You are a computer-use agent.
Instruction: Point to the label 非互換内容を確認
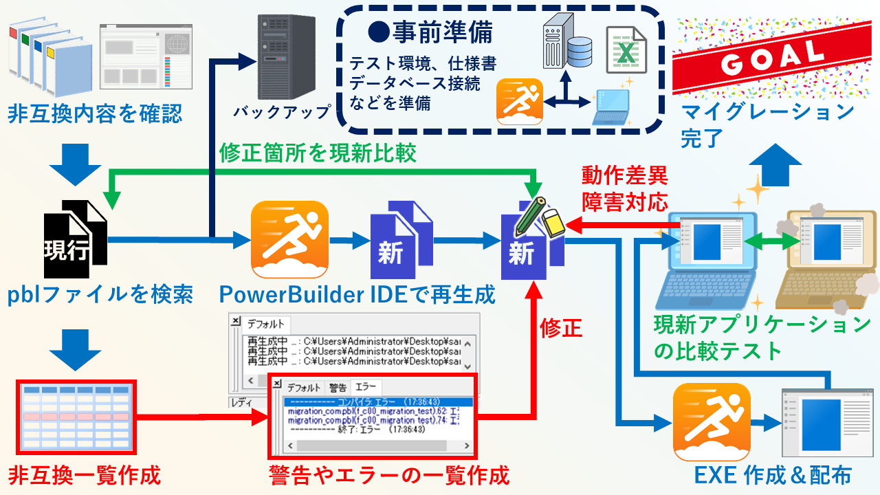[x=96, y=113]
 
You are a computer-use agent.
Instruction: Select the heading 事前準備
[x=430, y=32]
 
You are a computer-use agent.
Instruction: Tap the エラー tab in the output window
[x=365, y=387]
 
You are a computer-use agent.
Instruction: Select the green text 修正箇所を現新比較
[x=318, y=153]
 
